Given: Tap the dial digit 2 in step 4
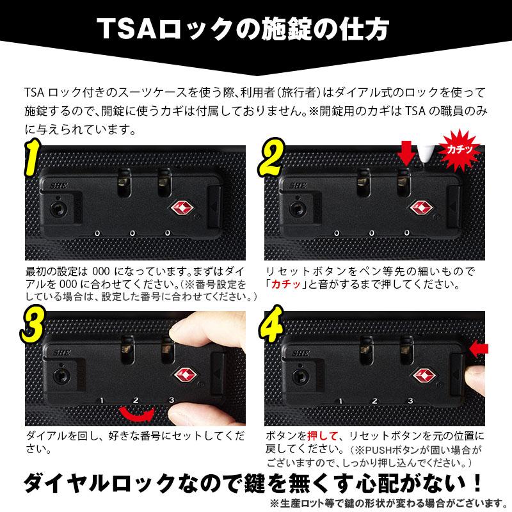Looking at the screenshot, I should pos(374,401).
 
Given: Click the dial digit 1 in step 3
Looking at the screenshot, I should pos(101,401).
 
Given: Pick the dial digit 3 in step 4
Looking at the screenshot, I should pos(409,401).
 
